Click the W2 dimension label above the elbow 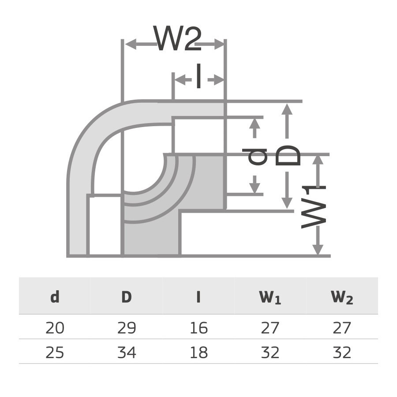(x=179, y=38)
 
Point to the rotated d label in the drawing (x=257, y=157)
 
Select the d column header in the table (x=55, y=297)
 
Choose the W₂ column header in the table (x=342, y=298)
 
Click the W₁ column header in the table (x=270, y=298)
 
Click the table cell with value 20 (x=55, y=328)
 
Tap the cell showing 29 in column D (x=127, y=328)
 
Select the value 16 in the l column (x=198, y=328)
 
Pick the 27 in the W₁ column (x=270, y=328)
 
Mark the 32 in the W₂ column (x=342, y=352)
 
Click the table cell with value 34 (x=127, y=352)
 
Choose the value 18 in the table (x=198, y=352)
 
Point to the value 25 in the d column (x=55, y=352)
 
